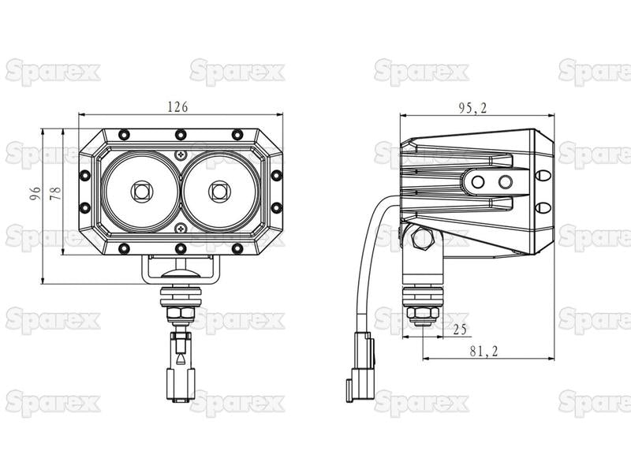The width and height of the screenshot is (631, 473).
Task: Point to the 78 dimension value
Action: coord(54,193)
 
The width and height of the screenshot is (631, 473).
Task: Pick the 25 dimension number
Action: coord(459,328)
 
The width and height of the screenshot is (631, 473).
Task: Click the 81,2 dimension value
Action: coord(484,352)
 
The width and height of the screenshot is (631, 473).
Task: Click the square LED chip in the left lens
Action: coord(141,190)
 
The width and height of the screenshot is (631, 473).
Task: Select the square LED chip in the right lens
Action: coord(220,190)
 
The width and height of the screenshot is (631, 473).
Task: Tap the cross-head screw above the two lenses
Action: coord(181,154)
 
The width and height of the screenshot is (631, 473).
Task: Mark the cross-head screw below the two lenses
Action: coord(181,228)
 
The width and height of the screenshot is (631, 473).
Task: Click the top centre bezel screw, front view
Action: coord(181,134)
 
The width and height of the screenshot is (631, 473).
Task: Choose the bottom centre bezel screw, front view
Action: coord(181,248)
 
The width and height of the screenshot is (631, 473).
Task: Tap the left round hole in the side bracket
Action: coord(478,182)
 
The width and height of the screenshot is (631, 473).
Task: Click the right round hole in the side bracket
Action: coord(504,182)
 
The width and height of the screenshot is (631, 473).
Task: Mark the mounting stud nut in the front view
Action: coord(181,314)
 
